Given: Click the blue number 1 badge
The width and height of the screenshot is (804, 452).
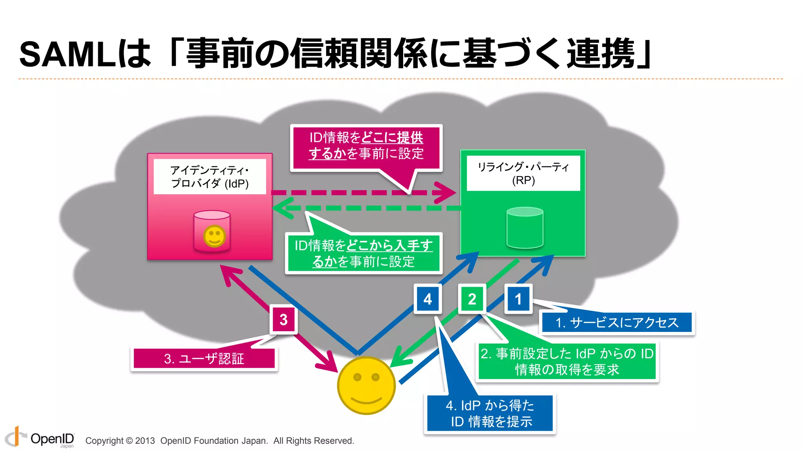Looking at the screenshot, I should point(518,299).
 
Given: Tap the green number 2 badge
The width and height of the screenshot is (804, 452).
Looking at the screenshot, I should point(472,299).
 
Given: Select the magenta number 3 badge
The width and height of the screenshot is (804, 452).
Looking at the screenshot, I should point(283,319).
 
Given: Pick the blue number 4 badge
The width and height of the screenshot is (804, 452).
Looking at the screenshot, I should point(428,299).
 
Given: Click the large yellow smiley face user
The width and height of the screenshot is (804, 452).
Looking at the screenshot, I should point(366,385).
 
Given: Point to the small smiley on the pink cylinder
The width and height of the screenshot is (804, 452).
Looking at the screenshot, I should point(214,236).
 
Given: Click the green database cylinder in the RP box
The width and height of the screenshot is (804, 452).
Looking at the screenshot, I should point(525,228).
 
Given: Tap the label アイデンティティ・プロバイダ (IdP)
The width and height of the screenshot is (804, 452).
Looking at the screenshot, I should point(210,177).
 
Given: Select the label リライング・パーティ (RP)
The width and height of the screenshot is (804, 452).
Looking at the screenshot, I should point(523,173).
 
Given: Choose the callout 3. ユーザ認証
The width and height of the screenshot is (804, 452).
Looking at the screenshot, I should point(204,359).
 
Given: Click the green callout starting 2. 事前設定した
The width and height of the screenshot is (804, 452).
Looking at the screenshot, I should point(567,361).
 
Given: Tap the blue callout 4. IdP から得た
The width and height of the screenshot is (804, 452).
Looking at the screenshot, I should point(490,413).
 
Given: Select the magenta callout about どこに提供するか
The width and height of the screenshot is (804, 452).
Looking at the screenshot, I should point(366,146).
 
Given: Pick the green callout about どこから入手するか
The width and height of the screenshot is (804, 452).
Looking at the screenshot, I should point(364,253).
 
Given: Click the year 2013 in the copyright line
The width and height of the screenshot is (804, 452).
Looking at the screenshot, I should point(145,441).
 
